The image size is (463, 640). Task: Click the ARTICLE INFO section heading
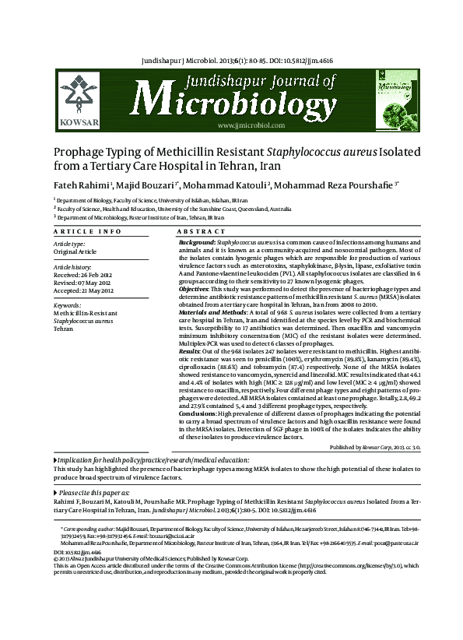coord(87,232)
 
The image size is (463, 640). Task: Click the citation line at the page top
coord(231,59)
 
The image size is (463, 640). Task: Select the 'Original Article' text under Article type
coord(75,251)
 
